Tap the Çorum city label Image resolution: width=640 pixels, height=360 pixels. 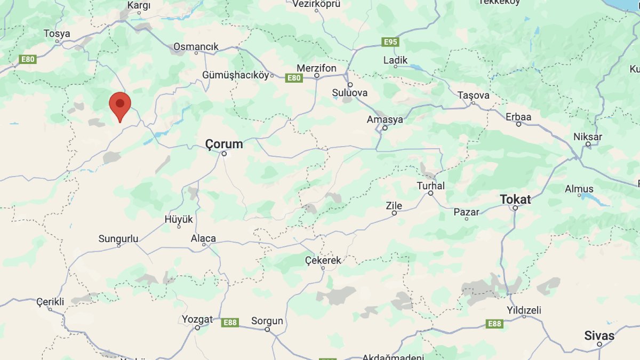point(225,144)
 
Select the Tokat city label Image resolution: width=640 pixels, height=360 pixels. point(515,199)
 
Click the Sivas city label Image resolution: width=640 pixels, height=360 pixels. point(599,335)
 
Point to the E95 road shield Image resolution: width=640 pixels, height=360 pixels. point(390,42)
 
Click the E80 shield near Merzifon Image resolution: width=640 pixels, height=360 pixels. point(294,78)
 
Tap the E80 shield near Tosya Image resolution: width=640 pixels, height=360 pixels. point(27,59)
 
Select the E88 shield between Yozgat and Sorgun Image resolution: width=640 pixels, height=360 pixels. point(230,322)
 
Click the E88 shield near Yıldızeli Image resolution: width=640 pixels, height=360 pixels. point(494,323)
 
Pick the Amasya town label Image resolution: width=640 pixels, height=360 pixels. point(385,119)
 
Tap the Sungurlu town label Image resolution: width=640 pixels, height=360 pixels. point(118,238)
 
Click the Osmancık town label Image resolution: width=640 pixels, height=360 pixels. point(196,47)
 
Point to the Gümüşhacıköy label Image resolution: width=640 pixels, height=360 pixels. point(236,75)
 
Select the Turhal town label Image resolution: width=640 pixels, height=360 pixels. point(431,186)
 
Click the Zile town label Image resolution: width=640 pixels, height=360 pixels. point(394,205)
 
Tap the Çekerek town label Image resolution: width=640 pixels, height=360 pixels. point(323,260)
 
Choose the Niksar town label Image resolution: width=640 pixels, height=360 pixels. point(588,137)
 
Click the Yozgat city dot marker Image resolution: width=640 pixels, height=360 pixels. point(197,328)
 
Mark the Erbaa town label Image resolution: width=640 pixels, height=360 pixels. point(518,116)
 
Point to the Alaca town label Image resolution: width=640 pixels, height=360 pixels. point(203,238)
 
